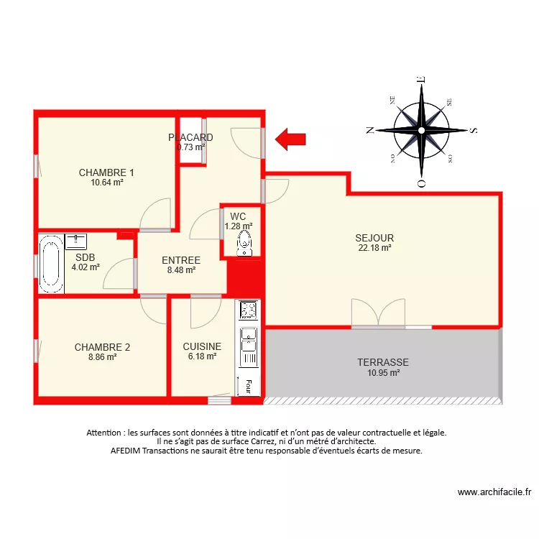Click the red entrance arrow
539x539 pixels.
tap(291, 139)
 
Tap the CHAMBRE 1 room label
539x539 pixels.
tap(106, 172)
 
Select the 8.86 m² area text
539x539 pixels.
tap(102, 356)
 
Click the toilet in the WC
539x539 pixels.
tap(245, 243)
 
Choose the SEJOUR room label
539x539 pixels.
tap(374, 238)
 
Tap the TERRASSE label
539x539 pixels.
tap(383, 363)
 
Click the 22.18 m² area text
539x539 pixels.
tap(374, 248)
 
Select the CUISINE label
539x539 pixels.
tap(202, 346)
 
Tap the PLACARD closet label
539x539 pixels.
tap(190, 137)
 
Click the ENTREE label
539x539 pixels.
tap(181, 260)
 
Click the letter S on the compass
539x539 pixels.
tap(473, 131)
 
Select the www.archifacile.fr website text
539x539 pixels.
tap(494, 492)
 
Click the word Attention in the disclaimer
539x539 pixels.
tap(103, 433)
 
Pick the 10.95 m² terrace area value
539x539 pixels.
tap(383, 373)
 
